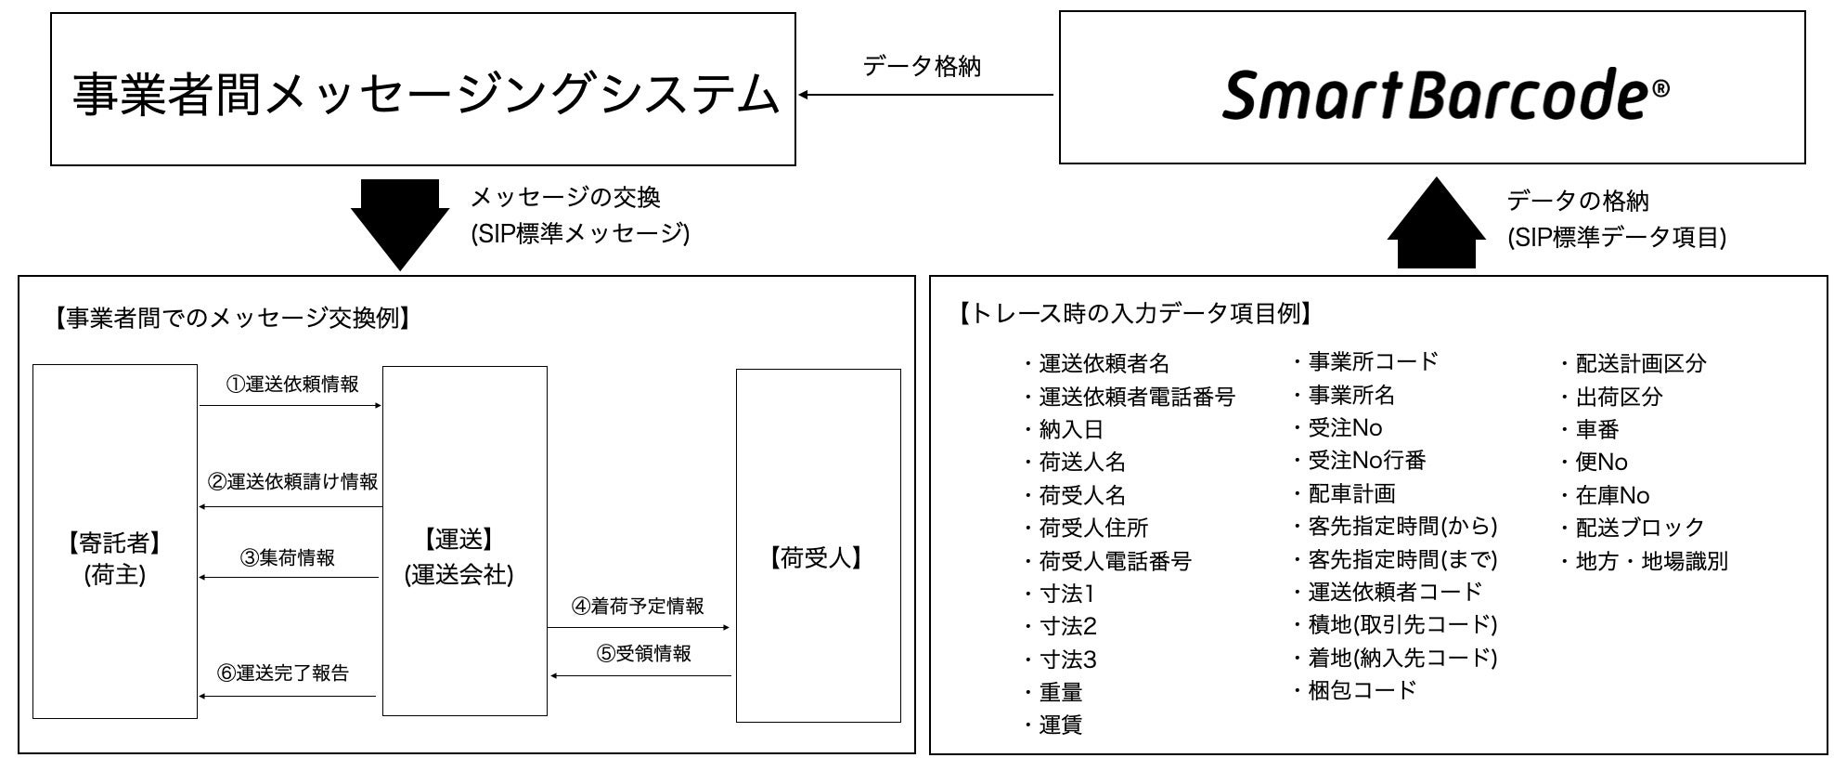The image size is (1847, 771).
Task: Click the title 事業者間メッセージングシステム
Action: [424, 95]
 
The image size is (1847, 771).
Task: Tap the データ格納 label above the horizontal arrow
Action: [921, 67]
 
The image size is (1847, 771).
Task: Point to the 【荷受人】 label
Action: [818, 557]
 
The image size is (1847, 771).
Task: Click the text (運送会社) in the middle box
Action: [459, 575]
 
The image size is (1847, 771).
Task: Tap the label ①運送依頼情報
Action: [292, 385]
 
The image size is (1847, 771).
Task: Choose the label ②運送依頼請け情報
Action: [292, 482]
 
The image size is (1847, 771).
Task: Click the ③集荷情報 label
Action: [287, 558]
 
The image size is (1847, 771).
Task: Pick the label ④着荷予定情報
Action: [638, 607]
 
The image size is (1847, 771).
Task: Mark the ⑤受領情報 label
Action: [643, 654]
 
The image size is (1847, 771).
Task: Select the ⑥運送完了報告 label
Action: [283, 673]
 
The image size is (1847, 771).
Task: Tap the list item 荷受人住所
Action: [1092, 529]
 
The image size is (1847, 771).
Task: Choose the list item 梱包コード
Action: [1362, 690]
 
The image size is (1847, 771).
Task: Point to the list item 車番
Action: [1596, 430]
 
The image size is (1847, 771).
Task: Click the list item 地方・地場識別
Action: [1650, 561]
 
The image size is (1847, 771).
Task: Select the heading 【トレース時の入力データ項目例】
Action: [1133, 314]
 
